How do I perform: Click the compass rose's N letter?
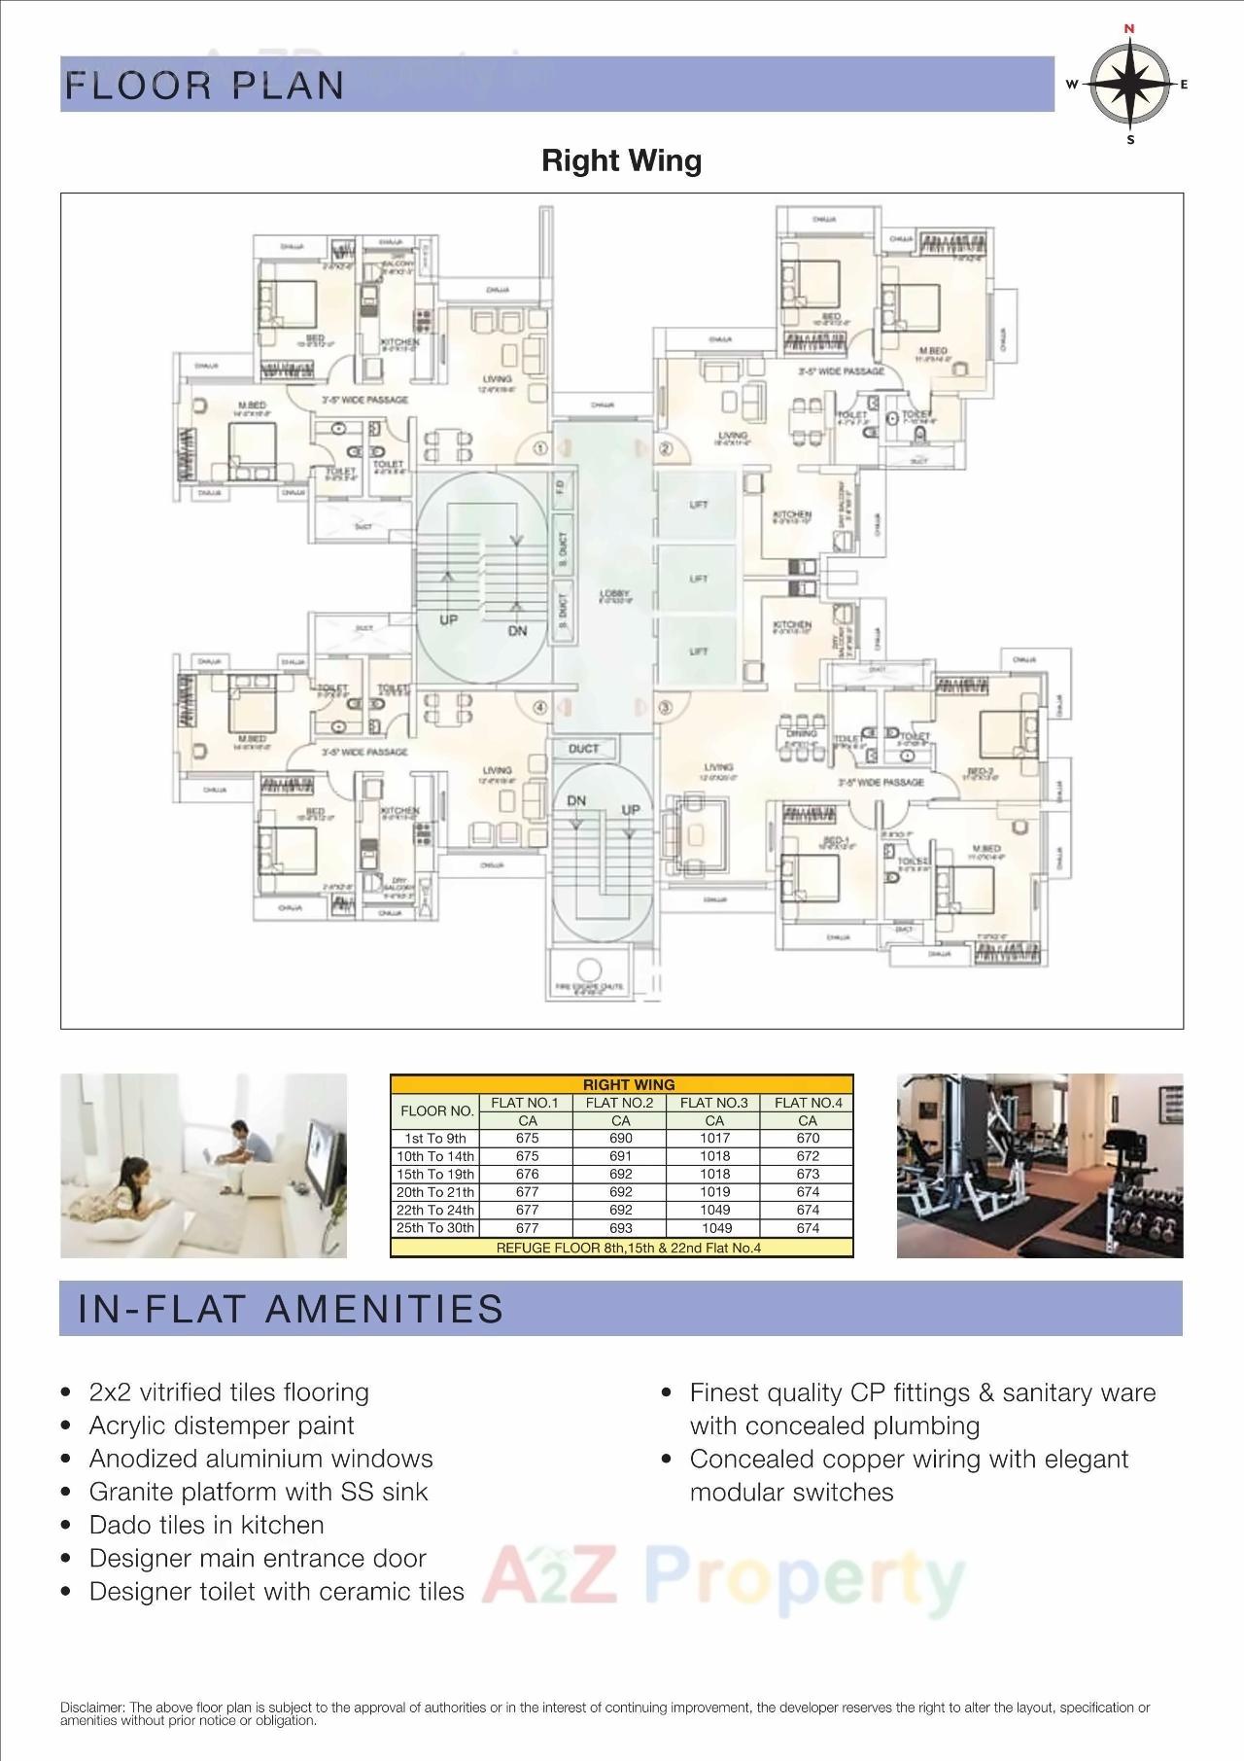coord(1129,29)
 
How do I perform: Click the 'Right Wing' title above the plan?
coord(621,160)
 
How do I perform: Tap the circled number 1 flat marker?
coord(540,448)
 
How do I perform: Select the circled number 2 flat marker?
coord(666,448)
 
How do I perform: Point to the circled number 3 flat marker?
coord(665,708)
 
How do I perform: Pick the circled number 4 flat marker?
coord(539,708)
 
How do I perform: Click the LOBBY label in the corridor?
coord(614,594)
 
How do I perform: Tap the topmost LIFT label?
coord(698,505)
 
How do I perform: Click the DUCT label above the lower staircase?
coord(583,749)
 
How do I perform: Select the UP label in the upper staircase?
coord(448,619)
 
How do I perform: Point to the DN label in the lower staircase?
coord(576,801)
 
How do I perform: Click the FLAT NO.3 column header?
coord(713,1103)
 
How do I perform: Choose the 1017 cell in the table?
coord(713,1139)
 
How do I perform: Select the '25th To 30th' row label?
coord(435,1228)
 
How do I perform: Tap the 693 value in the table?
coord(620,1228)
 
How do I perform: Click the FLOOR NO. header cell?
coord(436,1111)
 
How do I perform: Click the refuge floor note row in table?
coord(622,1248)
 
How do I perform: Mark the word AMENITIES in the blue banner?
coord(384,1309)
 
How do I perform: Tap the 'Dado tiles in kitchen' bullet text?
coord(206,1525)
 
